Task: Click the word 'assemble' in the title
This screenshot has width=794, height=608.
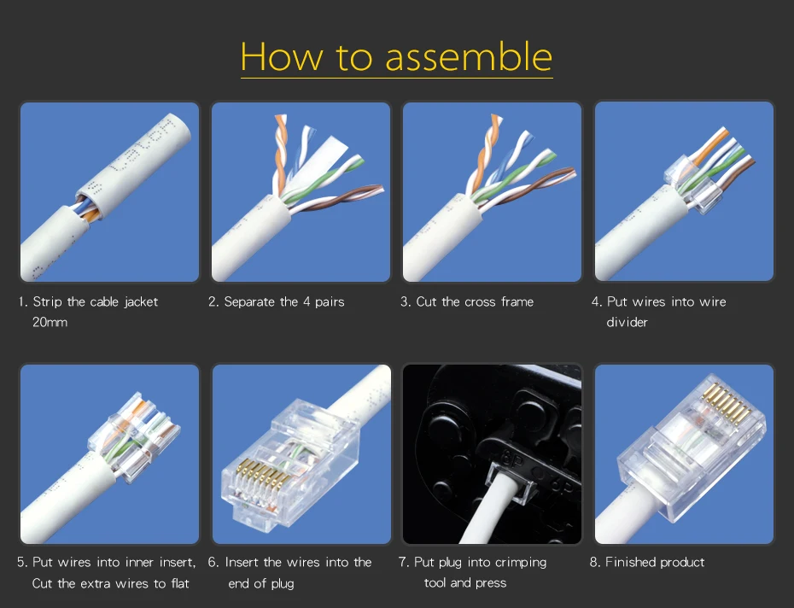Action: [x=469, y=56]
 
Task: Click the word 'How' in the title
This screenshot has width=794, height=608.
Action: [x=281, y=56]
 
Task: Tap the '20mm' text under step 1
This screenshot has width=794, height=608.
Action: [x=50, y=322]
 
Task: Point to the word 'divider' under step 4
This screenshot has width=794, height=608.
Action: [x=627, y=322]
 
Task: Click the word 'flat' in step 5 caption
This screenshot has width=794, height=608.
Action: [x=180, y=583]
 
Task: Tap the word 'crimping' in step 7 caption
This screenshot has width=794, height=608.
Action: [x=520, y=563]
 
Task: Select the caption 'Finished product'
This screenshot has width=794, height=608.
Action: [x=655, y=562]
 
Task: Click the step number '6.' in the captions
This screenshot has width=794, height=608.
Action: [x=213, y=563]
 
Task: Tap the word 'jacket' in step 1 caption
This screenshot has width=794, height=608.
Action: [x=141, y=302]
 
